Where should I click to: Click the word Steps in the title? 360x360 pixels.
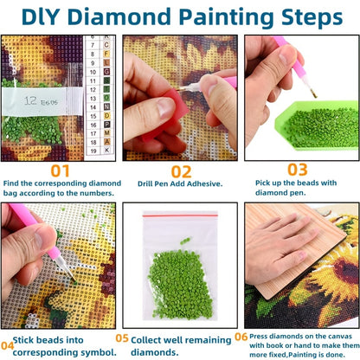point(312,18)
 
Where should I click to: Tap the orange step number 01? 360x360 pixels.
point(60,170)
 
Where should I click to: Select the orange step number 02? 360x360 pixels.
point(181,172)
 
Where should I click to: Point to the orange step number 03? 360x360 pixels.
point(298,170)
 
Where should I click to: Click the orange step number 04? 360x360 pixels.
point(7,345)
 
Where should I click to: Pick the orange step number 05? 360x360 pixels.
point(122,338)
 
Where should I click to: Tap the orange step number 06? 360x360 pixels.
point(241,337)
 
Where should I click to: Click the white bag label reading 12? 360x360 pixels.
point(42,101)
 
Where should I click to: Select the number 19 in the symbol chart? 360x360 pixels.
point(93,151)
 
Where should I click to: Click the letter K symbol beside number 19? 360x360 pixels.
point(107,150)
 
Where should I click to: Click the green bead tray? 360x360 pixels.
point(317,125)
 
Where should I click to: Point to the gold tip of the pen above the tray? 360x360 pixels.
point(313,93)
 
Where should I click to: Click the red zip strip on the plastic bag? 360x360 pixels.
point(180,215)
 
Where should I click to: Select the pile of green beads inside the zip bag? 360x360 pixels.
point(181,285)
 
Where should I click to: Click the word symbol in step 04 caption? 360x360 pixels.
point(99,352)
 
